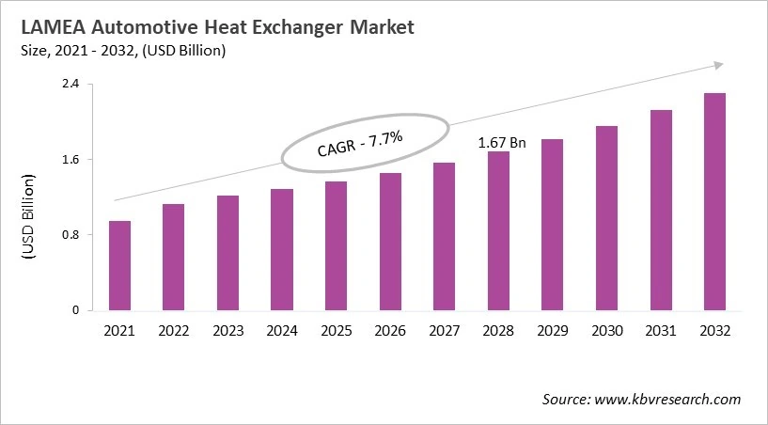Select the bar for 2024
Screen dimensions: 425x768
[x=282, y=249]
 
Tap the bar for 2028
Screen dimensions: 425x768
[x=498, y=230]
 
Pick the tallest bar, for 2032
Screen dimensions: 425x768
[x=714, y=201]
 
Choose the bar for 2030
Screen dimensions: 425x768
[x=606, y=217]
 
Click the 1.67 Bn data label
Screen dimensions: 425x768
[x=502, y=143]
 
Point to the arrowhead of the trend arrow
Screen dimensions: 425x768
[x=717, y=65]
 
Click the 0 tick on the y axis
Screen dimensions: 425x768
[x=74, y=310]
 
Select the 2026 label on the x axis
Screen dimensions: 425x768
[x=390, y=331]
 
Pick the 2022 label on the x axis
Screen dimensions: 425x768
[x=174, y=331]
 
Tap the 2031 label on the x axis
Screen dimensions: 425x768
[x=661, y=331]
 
